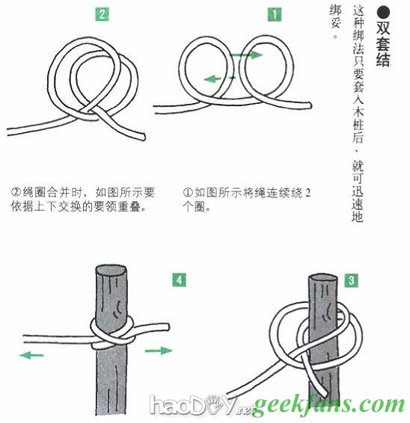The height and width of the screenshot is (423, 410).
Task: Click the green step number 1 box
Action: (x=275, y=14)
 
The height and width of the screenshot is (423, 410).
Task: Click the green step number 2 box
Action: (x=102, y=14)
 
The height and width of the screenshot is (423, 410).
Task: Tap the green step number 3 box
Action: (x=351, y=280)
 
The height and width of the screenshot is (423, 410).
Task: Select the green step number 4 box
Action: (x=179, y=280)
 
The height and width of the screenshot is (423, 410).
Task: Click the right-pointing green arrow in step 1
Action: (x=246, y=55)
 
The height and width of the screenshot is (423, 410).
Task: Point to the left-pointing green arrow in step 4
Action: (x=31, y=355)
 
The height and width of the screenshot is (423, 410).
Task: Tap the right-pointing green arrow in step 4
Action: (x=159, y=351)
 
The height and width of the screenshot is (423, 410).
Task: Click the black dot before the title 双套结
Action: (x=384, y=13)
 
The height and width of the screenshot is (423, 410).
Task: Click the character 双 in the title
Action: (x=383, y=28)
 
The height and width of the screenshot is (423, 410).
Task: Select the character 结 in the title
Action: (x=383, y=59)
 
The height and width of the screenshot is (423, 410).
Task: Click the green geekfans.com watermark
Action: (x=329, y=406)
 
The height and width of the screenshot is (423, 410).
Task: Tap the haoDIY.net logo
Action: (x=202, y=404)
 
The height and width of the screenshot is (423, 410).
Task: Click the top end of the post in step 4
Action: (x=111, y=270)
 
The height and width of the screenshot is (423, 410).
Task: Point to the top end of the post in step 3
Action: (x=323, y=277)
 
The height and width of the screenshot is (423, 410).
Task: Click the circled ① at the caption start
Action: (x=188, y=192)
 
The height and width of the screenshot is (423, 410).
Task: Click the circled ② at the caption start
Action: (x=16, y=192)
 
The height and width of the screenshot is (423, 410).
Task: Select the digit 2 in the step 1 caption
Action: (x=307, y=193)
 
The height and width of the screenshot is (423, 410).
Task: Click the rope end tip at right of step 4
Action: (x=168, y=327)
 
